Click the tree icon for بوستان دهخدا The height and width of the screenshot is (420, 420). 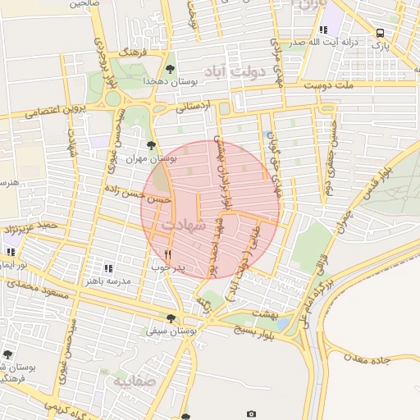click(x=170, y=70)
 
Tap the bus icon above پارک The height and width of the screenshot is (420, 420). click(x=379, y=32)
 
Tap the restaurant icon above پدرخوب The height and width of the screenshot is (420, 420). click(x=168, y=254)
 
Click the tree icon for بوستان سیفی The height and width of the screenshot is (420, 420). click(x=171, y=318)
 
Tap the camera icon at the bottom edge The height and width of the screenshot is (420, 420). click(x=251, y=413)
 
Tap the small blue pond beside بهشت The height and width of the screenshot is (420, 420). click(x=283, y=323)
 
